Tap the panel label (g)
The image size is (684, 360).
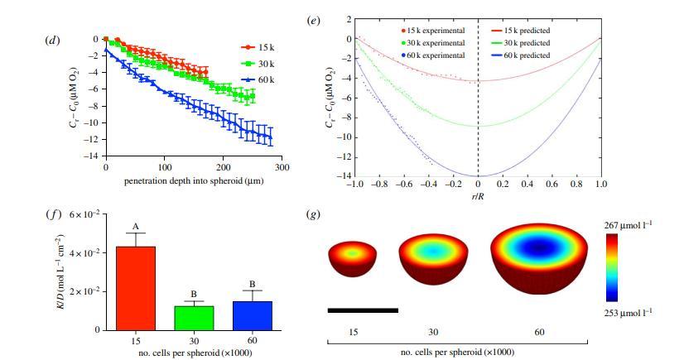(314, 214)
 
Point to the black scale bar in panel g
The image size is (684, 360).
(363, 310)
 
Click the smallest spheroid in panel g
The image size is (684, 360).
(353, 257)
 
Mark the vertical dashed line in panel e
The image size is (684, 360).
(479, 99)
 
